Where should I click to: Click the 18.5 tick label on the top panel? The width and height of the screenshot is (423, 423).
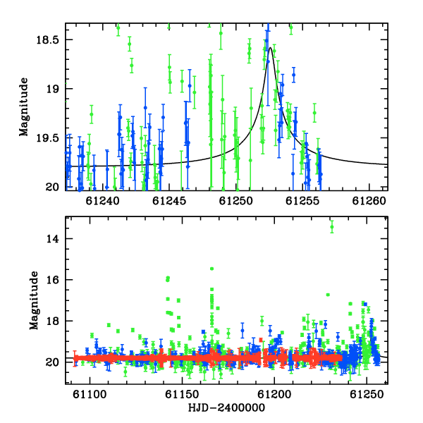click(x=47, y=40)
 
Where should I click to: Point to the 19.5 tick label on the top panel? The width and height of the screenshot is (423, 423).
click(x=47, y=138)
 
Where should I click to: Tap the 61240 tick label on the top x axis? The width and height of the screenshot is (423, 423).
click(x=102, y=201)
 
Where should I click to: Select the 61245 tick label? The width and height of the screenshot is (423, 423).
click(x=169, y=201)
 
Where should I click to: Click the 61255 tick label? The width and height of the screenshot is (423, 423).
click(x=302, y=201)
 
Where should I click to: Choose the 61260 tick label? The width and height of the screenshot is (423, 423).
click(x=369, y=201)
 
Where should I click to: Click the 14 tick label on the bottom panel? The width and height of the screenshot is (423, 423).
click(x=52, y=239)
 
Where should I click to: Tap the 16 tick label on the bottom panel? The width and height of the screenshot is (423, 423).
click(x=52, y=280)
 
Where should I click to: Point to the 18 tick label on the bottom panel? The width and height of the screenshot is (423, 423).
click(x=52, y=321)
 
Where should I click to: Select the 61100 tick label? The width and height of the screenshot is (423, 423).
click(x=90, y=394)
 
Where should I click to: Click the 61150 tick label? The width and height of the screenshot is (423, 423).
click(x=182, y=394)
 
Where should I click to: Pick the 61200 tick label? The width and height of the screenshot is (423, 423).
click(x=274, y=394)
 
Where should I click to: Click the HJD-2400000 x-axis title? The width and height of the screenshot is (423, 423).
click(x=226, y=407)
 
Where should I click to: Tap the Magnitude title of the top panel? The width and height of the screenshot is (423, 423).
click(x=24, y=107)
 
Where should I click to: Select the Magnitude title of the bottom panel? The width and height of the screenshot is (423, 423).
click(x=34, y=300)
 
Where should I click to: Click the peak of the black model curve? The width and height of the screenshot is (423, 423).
click(x=270, y=48)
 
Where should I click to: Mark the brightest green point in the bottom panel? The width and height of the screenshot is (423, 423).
click(x=332, y=227)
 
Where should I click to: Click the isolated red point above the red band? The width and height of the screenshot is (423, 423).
click(x=261, y=340)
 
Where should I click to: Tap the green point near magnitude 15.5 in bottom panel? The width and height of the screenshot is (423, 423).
click(x=211, y=269)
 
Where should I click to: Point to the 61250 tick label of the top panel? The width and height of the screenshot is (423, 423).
click(x=235, y=201)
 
